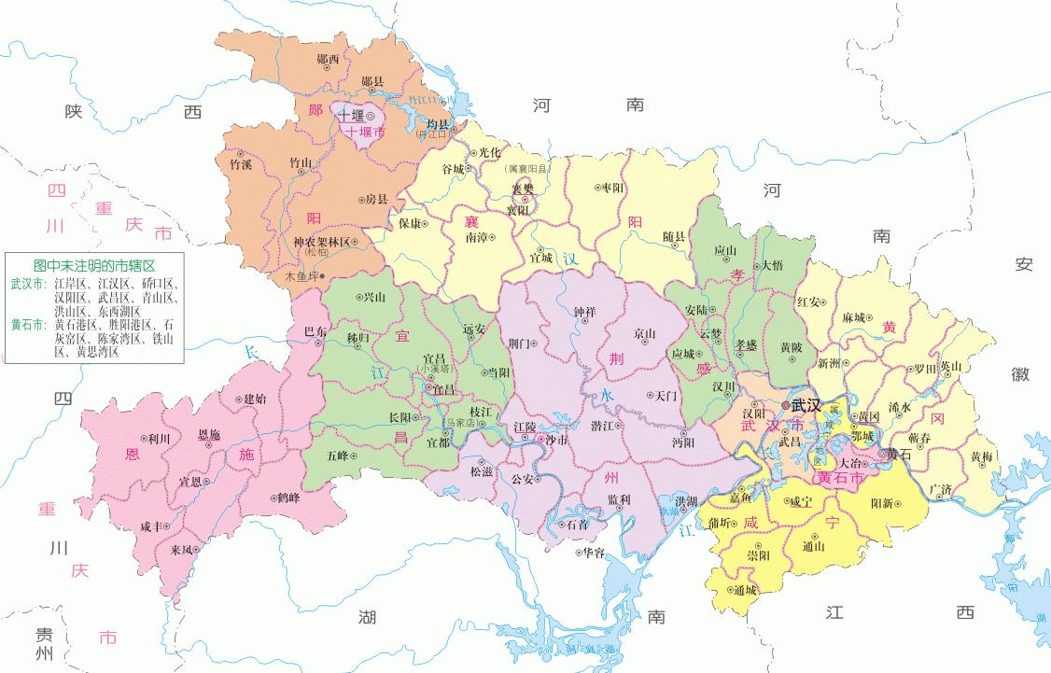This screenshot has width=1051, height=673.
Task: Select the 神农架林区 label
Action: tap(320, 241)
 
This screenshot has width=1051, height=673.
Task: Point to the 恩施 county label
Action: tap(209, 435)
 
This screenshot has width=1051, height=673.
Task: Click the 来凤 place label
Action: tap(182, 550)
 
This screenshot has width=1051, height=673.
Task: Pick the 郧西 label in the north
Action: tap(329, 59)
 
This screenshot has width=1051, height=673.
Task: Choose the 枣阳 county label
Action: tap(612, 188)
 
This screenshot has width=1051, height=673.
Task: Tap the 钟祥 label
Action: tap(584, 312)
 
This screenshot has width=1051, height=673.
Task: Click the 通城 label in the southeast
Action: tap(744, 590)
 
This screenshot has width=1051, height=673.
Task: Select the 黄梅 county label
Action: tap(981, 456)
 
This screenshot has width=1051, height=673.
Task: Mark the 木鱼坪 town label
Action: tap(301, 276)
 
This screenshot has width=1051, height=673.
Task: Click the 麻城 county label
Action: tap(854, 318)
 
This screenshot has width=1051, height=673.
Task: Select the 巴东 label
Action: tap(316, 331)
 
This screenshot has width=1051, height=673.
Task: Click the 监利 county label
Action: tap(618, 499)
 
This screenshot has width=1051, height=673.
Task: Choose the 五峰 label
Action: tap(337, 456)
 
